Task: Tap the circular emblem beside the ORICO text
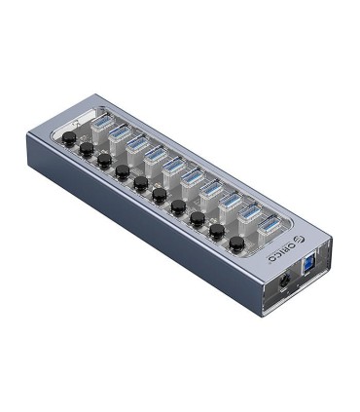point(288,233)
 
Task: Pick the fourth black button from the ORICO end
point(178,206)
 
